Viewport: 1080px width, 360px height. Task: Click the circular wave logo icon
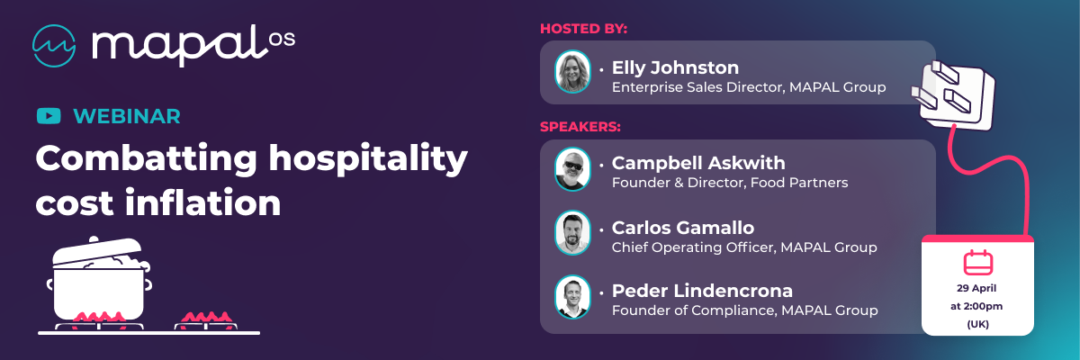pyautogui.click(x=54, y=46)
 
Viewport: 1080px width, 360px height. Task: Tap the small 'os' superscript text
pyautogui.click(x=282, y=39)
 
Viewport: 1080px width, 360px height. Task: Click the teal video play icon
pyautogui.click(x=49, y=116)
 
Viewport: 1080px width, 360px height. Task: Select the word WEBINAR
pyautogui.click(x=127, y=116)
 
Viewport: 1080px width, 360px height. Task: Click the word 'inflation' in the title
pyautogui.click(x=203, y=202)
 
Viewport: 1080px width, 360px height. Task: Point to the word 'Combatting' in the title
pyautogui.click(x=146, y=158)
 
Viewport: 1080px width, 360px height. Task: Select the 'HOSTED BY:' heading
pyautogui.click(x=583, y=29)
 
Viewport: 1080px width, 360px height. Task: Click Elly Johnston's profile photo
pyautogui.click(x=572, y=72)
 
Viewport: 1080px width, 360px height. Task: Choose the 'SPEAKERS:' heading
pyautogui.click(x=580, y=127)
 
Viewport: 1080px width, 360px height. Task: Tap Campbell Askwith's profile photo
pyautogui.click(x=572, y=169)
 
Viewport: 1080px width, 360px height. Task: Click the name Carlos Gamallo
pyautogui.click(x=683, y=228)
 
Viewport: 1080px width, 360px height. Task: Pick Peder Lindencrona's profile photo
pyautogui.click(x=572, y=297)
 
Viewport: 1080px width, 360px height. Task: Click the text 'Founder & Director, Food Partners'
pyautogui.click(x=730, y=183)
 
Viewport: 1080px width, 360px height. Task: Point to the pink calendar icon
pyautogui.click(x=977, y=263)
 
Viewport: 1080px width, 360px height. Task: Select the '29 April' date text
pyautogui.click(x=976, y=288)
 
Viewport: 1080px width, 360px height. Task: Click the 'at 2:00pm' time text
pyautogui.click(x=976, y=306)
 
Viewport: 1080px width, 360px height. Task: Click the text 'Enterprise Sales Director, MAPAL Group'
pyautogui.click(x=749, y=87)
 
